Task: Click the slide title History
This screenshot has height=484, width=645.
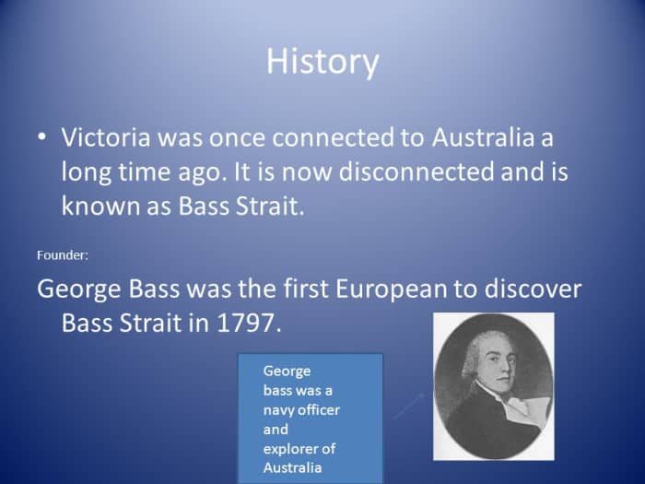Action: [322, 62]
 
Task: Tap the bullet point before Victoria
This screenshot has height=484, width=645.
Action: [41, 136]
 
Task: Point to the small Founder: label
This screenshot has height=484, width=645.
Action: [62, 254]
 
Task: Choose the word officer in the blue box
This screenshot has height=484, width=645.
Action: [320, 409]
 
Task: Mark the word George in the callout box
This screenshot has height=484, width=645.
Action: [287, 371]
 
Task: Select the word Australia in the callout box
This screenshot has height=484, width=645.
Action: [293, 467]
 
